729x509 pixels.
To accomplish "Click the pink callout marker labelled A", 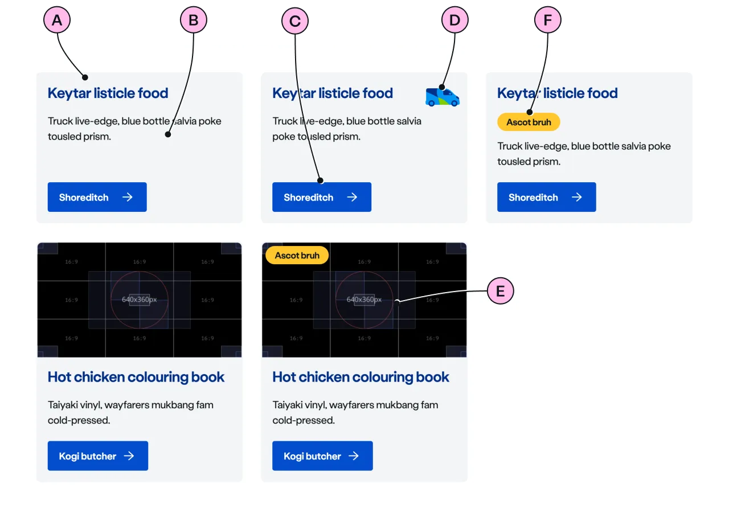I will (56, 21).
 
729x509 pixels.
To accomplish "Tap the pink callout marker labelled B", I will (194, 21).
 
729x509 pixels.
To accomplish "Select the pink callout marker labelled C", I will (294, 21).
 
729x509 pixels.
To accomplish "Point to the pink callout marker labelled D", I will (454, 21).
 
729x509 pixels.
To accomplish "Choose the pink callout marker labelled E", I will (500, 292).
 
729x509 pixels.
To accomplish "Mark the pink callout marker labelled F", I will (547, 21).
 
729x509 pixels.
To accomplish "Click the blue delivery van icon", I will (443, 96).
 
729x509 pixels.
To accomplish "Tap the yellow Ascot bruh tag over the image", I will (297, 255).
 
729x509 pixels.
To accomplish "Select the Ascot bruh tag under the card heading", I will (529, 122).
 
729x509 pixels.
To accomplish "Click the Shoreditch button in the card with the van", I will (321, 197).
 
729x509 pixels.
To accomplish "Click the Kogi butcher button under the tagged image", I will (322, 455).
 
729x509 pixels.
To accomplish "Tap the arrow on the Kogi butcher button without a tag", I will (129, 455).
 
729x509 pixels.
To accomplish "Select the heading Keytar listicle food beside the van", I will (333, 93).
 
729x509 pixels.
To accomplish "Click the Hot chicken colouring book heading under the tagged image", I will (361, 377).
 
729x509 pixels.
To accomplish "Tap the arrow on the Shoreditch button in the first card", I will (128, 197).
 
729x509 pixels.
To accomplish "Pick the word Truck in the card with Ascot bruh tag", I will (510, 146).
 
